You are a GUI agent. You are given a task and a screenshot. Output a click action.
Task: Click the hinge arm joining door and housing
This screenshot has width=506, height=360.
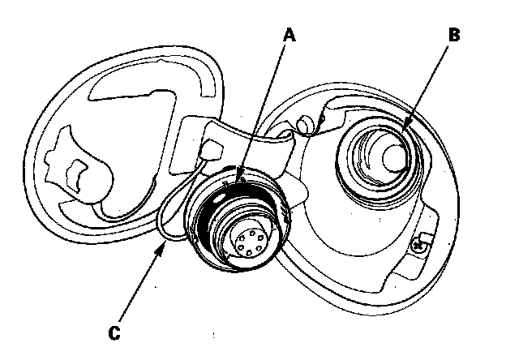click(x=243, y=138)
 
